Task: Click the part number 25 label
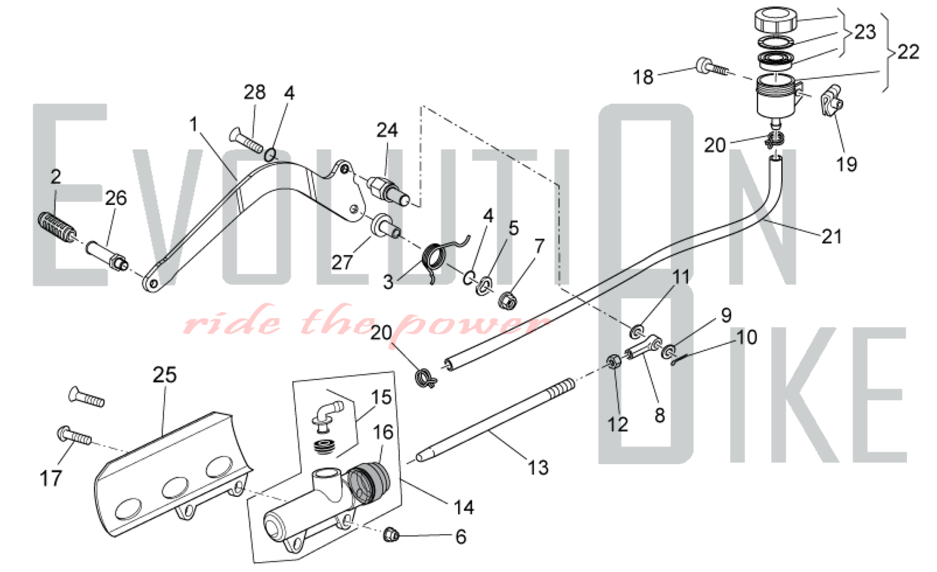tap(164, 375)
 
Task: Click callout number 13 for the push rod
tap(538, 467)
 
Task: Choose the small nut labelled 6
tap(391, 534)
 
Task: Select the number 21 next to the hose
tap(832, 237)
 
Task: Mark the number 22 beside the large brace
tap(908, 52)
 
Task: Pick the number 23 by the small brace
tap(865, 32)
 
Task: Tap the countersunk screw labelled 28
tap(246, 141)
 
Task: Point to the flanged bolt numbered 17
tap(74, 435)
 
